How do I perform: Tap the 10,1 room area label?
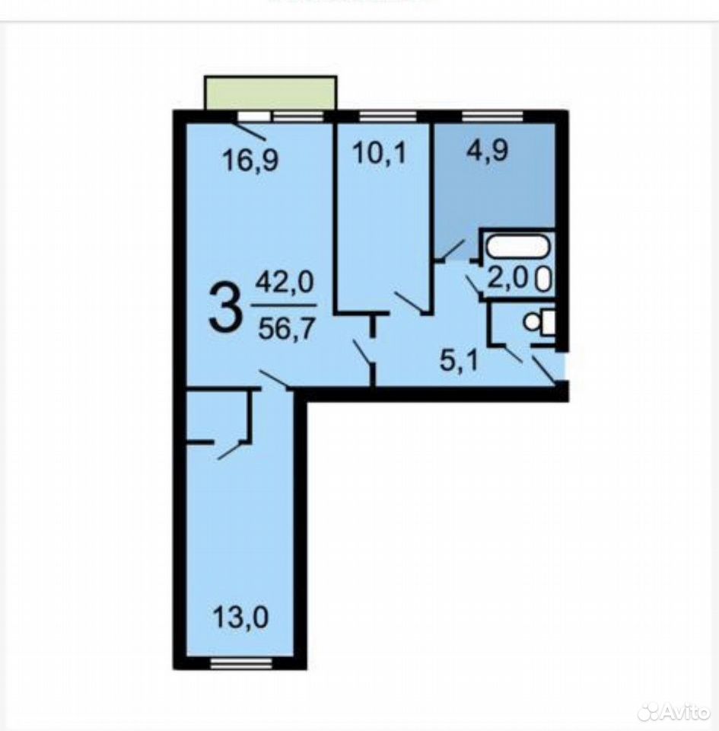(380, 153)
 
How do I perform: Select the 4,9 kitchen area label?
(487, 150)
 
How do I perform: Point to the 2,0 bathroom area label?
(507, 279)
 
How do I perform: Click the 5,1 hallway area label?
(459, 361)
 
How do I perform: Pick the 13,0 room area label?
(240, 618)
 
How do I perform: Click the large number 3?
(226, 308)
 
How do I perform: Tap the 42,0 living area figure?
(285, 283)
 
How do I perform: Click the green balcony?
(270, 93)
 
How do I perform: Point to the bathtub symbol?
(517, 246)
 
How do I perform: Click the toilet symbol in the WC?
(539, 321)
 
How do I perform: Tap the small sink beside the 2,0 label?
(544, 279)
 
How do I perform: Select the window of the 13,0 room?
(240, 664)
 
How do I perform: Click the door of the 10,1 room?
(409, 302)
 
